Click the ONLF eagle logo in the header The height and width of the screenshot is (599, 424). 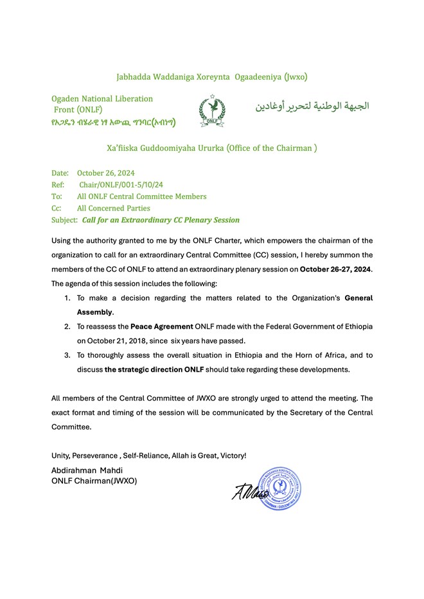[x=211, y=110]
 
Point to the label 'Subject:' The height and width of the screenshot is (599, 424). [x=64, y=220]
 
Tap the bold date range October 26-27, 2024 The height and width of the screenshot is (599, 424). [x=336, y=268]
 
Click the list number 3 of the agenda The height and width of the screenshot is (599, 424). [x=67, y=355]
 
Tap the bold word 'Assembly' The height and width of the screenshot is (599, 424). [x=95, y=312]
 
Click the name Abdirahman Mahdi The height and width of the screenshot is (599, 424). [x=87, y=471]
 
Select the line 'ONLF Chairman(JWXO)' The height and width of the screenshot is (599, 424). [x=94, y=481]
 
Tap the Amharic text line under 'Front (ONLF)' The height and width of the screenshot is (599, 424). [x=114, y=122]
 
